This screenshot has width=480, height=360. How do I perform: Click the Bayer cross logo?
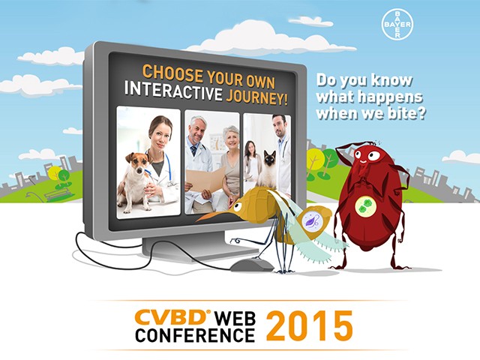(x=397, y=25)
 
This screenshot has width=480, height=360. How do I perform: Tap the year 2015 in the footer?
(x=309, y=326)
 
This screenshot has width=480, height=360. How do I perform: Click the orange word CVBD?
(x=171, y=317)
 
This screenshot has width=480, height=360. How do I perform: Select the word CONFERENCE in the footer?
(x=195, y=335)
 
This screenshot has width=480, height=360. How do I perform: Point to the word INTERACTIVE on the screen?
(x=173, y=90)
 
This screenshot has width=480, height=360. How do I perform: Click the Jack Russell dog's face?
(x=136, y=162)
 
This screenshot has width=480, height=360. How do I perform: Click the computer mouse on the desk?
(x=251, y=265)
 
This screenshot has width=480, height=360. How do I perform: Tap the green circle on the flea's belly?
(x=367, y=205)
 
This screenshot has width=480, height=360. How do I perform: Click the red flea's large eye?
(x=373, y=156)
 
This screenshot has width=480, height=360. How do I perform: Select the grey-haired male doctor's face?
(x=197, y=128)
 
